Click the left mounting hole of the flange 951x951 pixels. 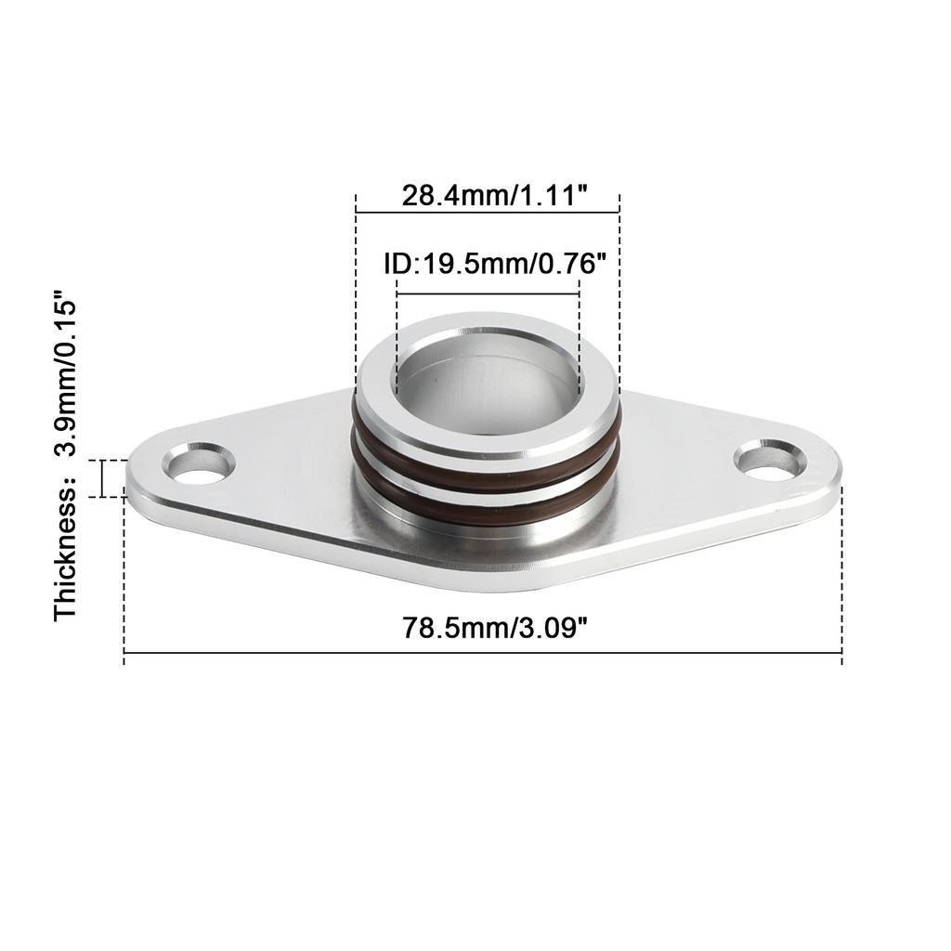200,464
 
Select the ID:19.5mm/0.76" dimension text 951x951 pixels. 488,265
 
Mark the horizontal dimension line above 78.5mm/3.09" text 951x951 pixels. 483,653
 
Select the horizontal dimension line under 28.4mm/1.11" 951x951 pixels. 488,213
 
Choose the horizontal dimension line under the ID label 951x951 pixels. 488,294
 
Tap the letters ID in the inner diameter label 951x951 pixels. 397,265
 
